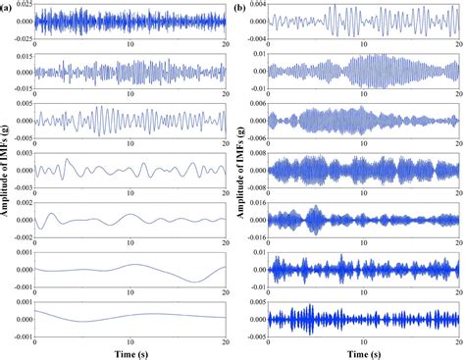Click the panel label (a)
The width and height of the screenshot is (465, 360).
[x=10, y=7]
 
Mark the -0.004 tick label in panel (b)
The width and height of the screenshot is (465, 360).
[x=254, y=36]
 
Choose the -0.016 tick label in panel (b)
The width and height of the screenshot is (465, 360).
[x=254, y=236]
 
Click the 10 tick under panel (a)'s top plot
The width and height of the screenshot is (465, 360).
[x=129, y=43]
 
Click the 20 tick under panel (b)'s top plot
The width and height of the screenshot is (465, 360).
[x=458, y=43]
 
